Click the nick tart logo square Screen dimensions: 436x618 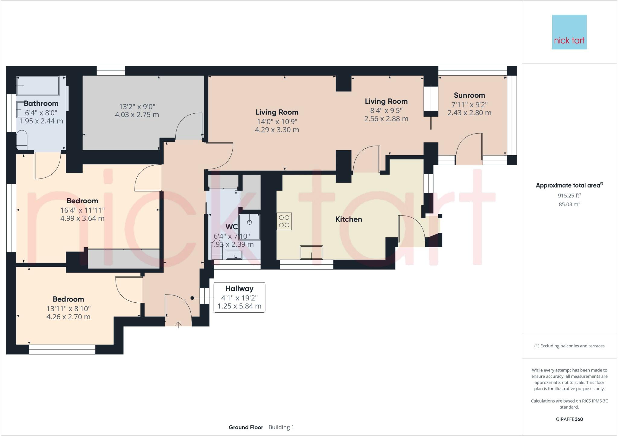[569, 32]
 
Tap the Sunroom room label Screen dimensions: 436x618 [469, 95]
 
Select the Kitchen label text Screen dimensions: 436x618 [349, 219]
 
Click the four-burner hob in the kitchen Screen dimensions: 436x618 [284, 221]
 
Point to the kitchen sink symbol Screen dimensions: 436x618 [311, 252]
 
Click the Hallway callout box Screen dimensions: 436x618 [239, 297]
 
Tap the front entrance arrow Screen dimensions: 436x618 [178, 325]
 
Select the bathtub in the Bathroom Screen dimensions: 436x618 [38, 85]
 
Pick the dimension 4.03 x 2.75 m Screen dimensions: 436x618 [137, 115]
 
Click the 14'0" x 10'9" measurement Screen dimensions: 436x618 [277, 122]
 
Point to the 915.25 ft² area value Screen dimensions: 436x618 [569, 195]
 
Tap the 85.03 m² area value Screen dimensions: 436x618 [569, 204]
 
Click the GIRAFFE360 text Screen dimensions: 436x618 [569, 419]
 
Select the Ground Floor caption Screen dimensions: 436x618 [246, 427]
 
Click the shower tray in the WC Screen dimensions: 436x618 [250, 227]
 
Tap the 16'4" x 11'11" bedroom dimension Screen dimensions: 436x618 [82, 210]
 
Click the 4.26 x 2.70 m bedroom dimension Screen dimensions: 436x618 [68, 317]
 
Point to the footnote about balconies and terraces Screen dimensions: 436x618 [569, 346]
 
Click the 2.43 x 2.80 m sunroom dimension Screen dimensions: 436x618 [469, 113]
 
